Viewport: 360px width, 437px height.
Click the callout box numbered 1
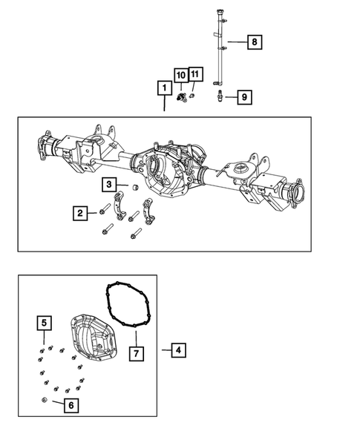point(163,88)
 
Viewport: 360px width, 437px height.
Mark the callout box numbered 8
point(254,42)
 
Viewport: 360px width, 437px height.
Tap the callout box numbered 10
point(180,74)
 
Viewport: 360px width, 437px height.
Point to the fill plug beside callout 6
point(45,401)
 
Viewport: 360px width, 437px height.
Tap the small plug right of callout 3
point(135,189)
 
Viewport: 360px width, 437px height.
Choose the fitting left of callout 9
point(221,96)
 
